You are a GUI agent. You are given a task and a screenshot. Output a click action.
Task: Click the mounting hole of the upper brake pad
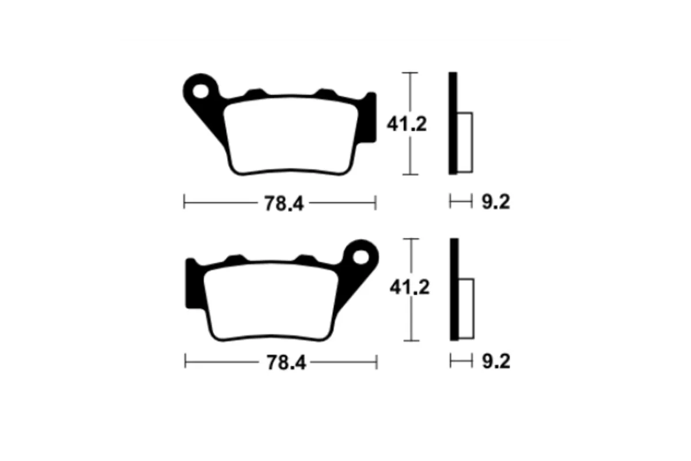[x=200, y=92]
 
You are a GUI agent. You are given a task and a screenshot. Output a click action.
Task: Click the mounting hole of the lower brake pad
[x=361, y=257]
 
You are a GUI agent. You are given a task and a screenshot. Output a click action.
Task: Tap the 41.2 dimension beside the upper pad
[x=407, y=124]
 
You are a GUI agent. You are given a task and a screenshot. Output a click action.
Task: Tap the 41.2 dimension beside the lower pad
[x=409, y=288]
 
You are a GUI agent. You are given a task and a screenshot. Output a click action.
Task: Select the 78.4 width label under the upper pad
[x=284, y=203]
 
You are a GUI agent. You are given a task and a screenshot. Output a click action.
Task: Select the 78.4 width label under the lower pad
[x=286, y=362]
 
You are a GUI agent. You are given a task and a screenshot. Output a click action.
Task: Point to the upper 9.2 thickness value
[x=496, y=202]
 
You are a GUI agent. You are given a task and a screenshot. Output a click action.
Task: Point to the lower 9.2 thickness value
[x=496, y=361]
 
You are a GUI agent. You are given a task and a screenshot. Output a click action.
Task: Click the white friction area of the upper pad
[x=291, y=136]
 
